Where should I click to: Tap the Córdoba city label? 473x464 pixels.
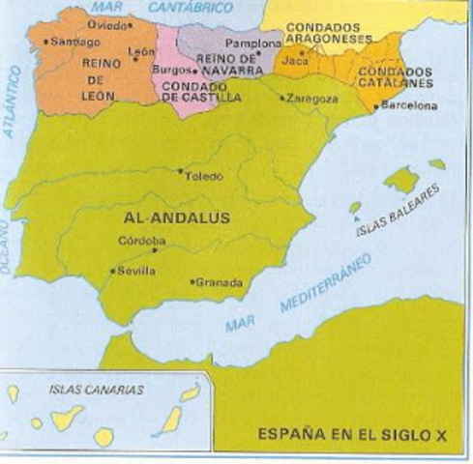tap(141, 241)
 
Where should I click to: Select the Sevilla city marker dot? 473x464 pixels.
tap(113, 272)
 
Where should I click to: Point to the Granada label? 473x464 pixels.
tap(219, 283)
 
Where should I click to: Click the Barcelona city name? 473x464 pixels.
tap(409, 105)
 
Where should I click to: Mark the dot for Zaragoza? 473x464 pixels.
tap(281, 98)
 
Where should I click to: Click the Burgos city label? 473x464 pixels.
tap(171, 70)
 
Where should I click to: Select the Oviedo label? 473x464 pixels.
tap(106, 23)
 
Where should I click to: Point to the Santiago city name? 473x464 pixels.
tap(76, 43)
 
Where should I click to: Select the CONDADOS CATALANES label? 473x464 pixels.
tap(393, 78)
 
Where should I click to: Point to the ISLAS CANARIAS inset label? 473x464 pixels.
tap(95, 390)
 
